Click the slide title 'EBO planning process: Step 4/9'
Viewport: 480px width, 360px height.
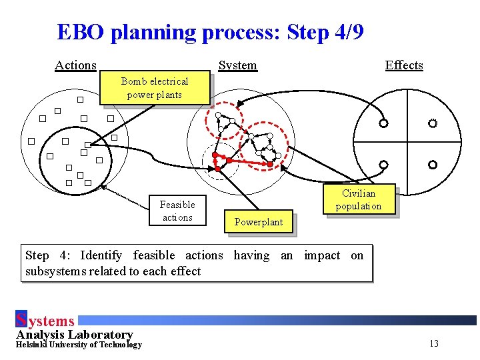click(x=210, y=32)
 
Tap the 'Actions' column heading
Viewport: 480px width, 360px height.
click(x=75, y=65)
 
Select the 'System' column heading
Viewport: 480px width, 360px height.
click(x=237, y=65)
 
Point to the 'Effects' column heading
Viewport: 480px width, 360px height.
click(x=404, y=65)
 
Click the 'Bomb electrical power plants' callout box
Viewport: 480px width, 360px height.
click(x=155, y=88)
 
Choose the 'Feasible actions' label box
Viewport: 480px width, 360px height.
click(x=177, y=211)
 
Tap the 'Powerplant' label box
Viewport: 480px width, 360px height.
click(x=259, y=222)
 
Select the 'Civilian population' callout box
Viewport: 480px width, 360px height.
click(x=359, y=200)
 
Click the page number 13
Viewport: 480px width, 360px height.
click(x=434, y=344)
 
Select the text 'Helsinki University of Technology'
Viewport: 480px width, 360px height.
click(x=79, y=345)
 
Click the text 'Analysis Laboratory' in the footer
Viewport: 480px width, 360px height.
click(x=74, y=334)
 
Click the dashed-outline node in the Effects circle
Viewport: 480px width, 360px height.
click(x=433, y=123)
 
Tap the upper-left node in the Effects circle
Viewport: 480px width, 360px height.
click(x=383, y=123)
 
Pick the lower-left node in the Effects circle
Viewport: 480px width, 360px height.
click(x=383, y=164)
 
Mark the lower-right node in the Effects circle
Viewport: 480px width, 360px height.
click(x=433, y=164)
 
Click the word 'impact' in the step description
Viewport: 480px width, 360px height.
click(x=322, y=255)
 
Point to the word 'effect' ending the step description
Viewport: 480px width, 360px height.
click(x=185, y=271)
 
